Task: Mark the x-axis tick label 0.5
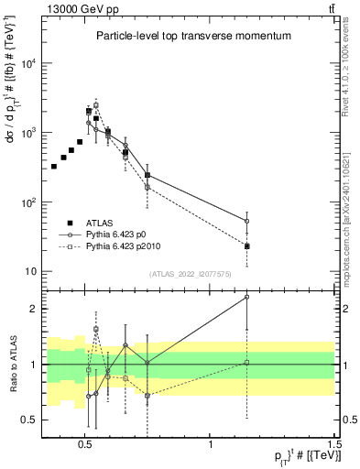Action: pyautogui.click(x=85, y=442)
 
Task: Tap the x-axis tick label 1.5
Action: pyautogui.click(x=334, y=442)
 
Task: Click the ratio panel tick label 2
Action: pyautogui.click(x=32, y=309)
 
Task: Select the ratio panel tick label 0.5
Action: pyautogui.click(x=27, y=420)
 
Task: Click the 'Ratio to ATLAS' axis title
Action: pyautogui.click(x=10, y=364)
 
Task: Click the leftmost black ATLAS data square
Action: pyautogui.click(x=54, y=167)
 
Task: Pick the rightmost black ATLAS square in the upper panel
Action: pyautogui.click(x=247, y=246)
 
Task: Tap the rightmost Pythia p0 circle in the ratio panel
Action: pyautogui.click(x=247, y=297)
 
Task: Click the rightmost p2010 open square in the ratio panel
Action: pyautogui.click(x=247, y=363)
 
